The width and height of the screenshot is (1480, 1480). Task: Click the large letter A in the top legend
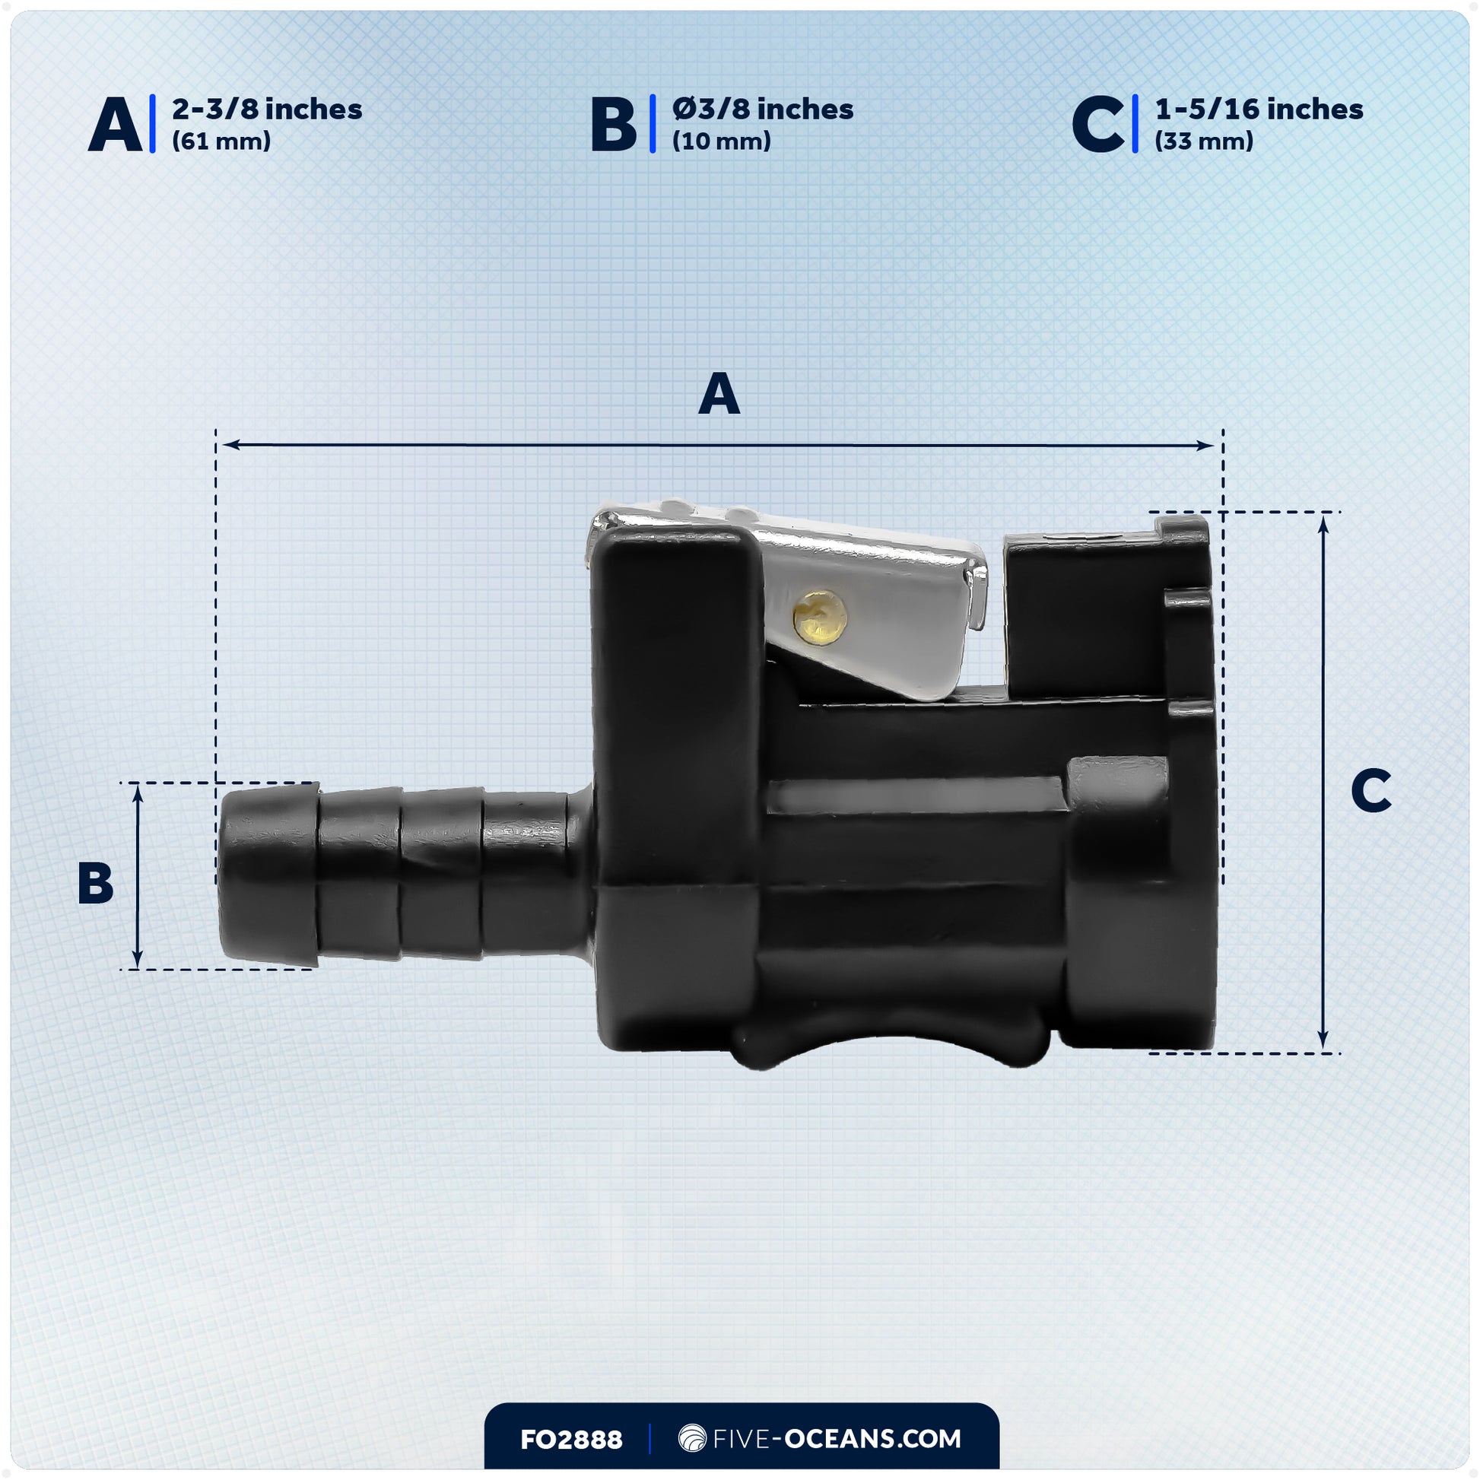coord(115,125)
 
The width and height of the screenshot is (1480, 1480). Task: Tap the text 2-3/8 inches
coord(267,110)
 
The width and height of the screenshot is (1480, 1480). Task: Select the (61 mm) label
coord(221,141)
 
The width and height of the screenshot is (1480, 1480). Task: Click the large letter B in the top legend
coord(613,125)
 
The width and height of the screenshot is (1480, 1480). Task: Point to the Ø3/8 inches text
coord(762,110)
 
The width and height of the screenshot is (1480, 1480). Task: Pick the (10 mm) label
coord(721,141)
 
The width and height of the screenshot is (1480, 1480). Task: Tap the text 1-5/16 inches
coord(1259,110)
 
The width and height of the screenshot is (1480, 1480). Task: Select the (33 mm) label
coord(1203,141)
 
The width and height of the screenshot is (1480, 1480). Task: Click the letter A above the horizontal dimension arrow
coord(719,395)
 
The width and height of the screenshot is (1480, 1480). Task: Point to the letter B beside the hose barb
coord(96,883)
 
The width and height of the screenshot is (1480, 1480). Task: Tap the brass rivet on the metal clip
coord(820,617)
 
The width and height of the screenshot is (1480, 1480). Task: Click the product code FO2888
coord(570,1440)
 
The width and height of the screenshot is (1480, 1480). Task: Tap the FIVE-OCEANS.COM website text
coord(836,1439)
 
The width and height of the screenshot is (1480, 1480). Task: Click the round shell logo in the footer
coord(692,1439)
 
